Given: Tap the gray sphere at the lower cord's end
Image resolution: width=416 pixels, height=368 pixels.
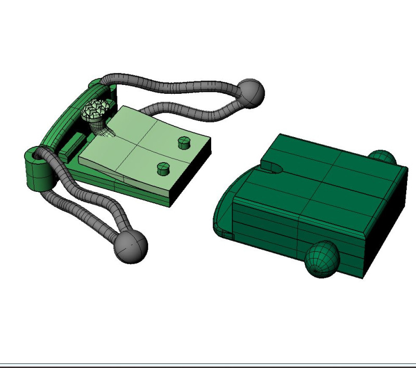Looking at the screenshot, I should point(131,247).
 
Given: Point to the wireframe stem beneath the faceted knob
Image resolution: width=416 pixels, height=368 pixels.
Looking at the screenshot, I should point(97,126).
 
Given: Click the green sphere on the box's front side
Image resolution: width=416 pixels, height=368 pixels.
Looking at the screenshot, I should point(321,259).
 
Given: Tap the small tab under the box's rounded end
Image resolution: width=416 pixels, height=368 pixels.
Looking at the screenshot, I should point(226,234).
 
